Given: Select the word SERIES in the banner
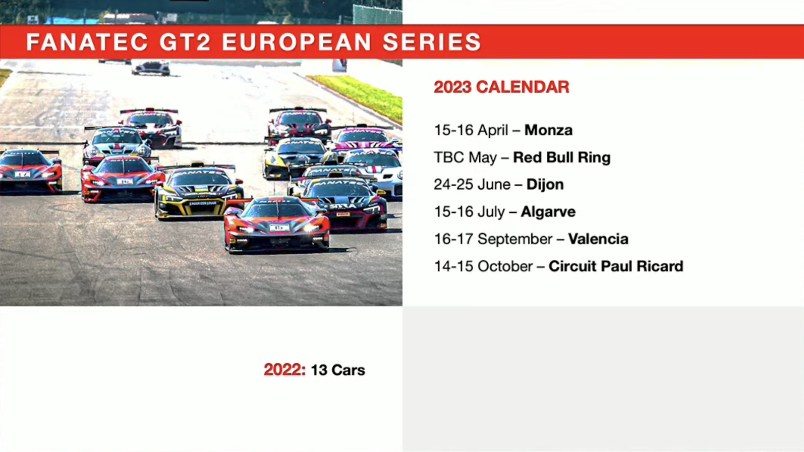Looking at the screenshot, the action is pos(432,42).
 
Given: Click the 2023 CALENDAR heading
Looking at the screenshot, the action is pos(501,87).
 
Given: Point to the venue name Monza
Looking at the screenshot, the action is pos(548,130).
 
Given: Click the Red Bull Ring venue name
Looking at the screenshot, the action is pos(562,157).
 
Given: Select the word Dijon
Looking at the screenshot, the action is pos(545,185).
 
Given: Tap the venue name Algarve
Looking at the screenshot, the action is pos(548,212).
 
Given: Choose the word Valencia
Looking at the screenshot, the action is pos(598,239).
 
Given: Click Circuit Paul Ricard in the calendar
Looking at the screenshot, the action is pos(616,266).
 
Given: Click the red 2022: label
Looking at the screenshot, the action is pos(284,370).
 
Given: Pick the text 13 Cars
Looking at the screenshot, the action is pos(338,370).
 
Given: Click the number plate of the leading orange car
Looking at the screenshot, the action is pos(279,228).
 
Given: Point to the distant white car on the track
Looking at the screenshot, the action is pos(151,68).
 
